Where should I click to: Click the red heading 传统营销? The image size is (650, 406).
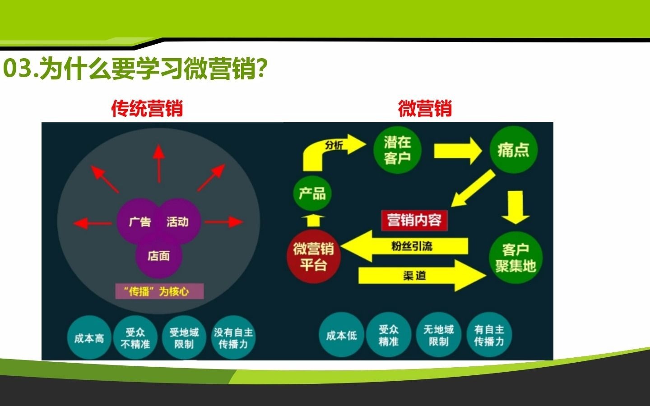[147, 109]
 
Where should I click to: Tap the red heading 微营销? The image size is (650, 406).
[424, 109]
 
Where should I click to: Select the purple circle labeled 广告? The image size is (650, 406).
[138, 221]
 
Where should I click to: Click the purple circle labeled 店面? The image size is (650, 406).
[158, 256]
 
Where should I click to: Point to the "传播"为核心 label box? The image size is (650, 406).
[159, 291]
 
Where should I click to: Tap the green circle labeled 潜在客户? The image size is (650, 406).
[397, 150]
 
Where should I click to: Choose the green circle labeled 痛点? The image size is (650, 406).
[513, 150]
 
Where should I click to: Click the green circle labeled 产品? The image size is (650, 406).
[312, 194]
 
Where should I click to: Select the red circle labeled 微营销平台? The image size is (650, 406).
[313, 257]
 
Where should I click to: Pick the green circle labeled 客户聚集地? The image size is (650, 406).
[515, 258]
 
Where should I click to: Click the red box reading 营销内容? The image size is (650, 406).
[414, 220]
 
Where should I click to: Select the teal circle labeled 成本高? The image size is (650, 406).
[89, 338]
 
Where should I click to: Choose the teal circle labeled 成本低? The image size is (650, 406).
[341, 335]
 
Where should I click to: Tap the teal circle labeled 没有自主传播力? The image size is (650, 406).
[233, 338]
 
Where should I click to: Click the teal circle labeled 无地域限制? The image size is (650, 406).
[438, 335]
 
